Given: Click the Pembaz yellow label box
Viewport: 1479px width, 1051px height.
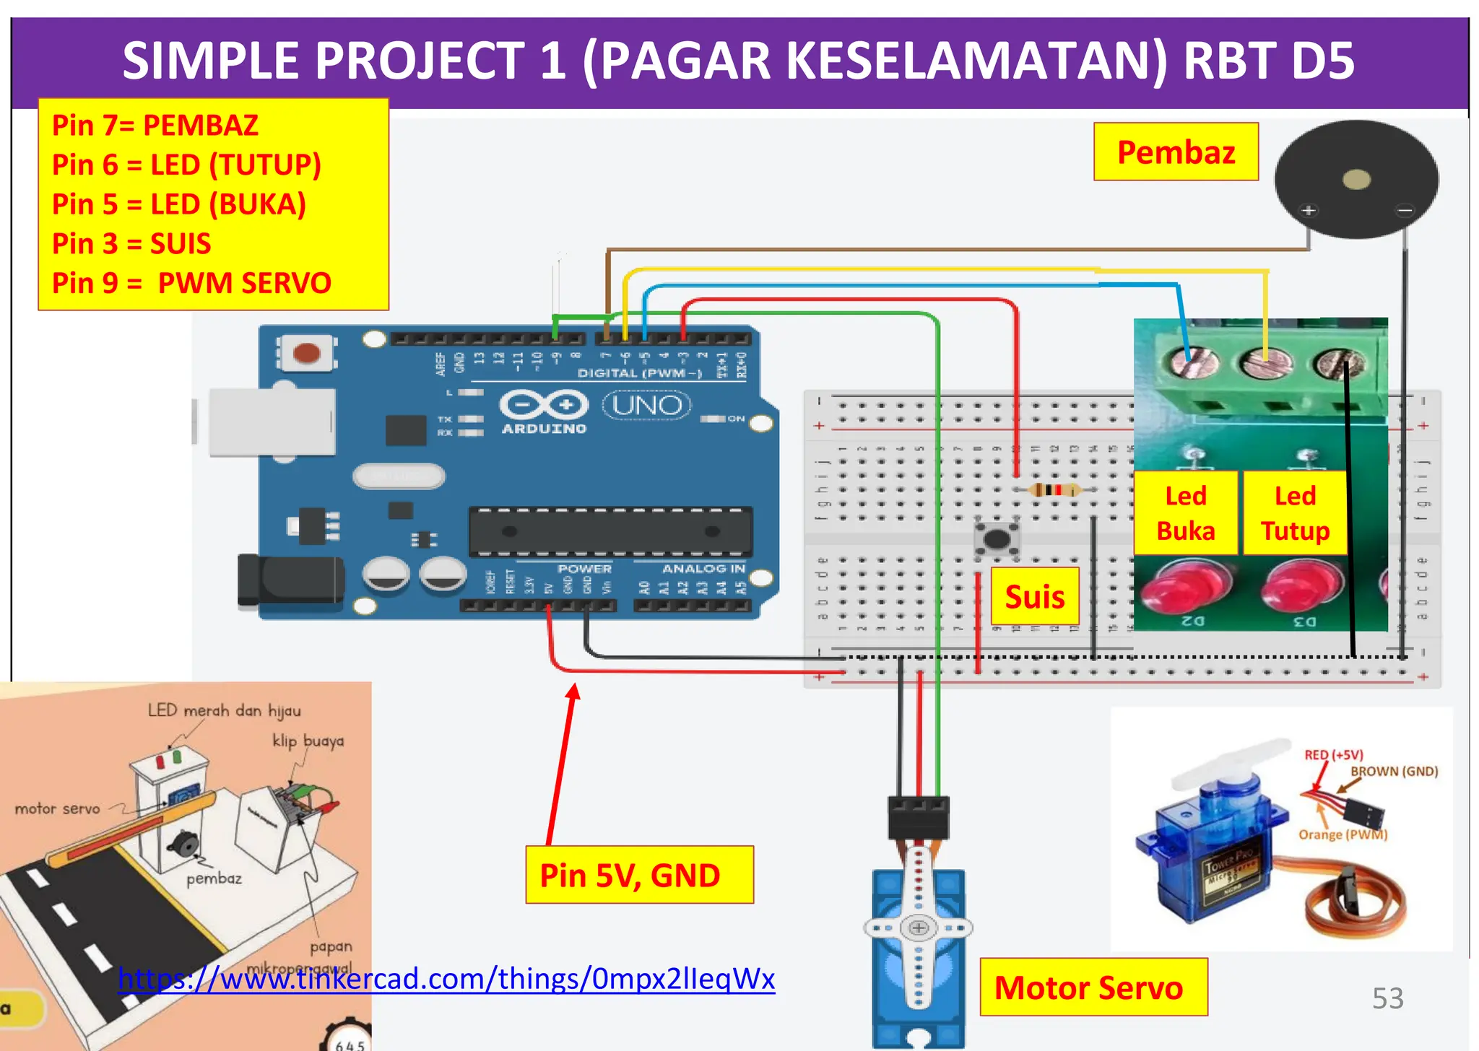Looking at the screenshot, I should click(x=1176, y=152).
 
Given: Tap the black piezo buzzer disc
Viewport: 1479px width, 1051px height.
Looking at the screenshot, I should click(x=1356, y=179).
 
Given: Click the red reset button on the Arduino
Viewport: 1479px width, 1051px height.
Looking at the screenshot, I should click(x=307, y=354).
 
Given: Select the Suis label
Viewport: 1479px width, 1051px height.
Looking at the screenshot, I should click(x=1035, y=596).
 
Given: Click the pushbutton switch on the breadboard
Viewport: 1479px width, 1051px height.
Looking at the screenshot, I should click(x=997, y=538).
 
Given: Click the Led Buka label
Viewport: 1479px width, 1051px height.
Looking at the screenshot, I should click(x=1186, y=513).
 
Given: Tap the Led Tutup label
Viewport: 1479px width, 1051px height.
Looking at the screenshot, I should click(x=1295, y=513).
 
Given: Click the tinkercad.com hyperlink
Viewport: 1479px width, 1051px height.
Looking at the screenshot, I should click(x=446, y=979).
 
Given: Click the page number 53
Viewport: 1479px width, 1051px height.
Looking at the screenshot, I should click(x=1387, y=998).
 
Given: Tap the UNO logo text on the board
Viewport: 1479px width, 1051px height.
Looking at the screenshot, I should click(x=646, y=406).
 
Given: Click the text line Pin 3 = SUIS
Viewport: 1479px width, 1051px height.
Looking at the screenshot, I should click(x=131, y=244).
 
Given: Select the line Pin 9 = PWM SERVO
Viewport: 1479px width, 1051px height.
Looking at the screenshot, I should click(x=191, y=283).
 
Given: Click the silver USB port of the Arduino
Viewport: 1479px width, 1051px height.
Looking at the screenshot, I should click(x=272, y=422).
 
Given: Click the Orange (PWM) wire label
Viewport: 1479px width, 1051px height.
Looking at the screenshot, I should click(x=1343, y=835).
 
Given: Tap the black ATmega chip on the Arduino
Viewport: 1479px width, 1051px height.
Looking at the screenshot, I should click(x=610, y=532).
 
